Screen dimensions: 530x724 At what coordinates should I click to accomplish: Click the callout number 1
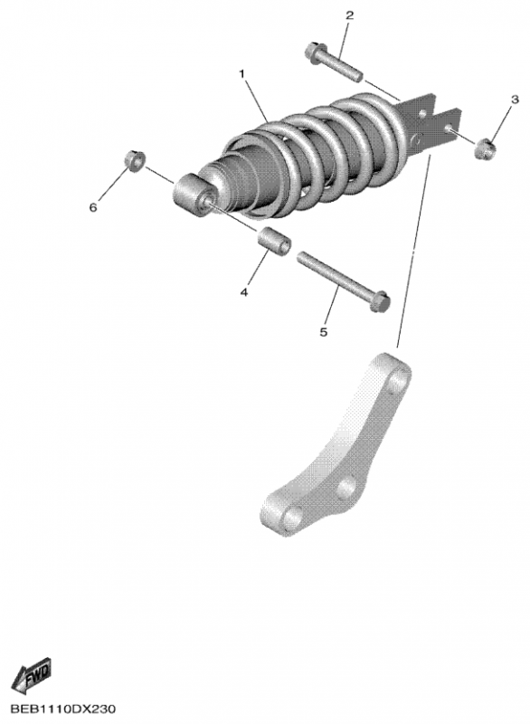pyautogui.click(x=241, y=74)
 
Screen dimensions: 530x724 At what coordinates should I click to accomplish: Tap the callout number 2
pyautogui.click(x=350, y=15)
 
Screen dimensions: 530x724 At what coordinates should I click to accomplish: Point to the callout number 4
pyautogui.click(x=244, y=291)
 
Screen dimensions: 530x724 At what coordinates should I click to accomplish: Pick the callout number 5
pyautogui.click(x=324, y=331)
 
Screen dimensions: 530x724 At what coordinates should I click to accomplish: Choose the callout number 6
pyautogui.click(x=93, y=208)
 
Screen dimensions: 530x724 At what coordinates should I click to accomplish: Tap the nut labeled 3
pyautogui.click(x=485, y=148)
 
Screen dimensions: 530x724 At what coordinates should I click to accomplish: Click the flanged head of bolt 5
pyautogui.click(x=380, y=301)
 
